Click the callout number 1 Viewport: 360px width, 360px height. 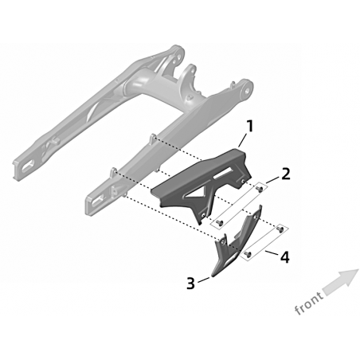[249, 127]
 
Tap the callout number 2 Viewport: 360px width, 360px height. [285, 174]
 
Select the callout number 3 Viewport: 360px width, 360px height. [190, 284]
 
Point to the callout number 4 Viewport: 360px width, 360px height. [284, 257]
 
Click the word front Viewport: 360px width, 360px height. [309, 303]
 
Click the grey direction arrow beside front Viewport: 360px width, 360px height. [341, 282]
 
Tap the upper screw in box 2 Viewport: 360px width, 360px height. [260, 189]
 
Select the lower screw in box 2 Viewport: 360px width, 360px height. [219, 222]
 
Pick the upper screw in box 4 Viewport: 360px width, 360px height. [280, 229]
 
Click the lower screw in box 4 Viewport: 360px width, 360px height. [248, 254]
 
